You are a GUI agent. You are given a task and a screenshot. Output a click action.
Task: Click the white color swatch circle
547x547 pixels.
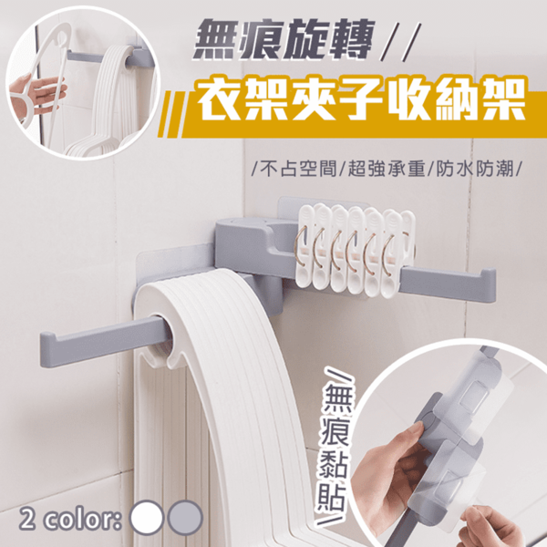pyautogui.click(x=146, y=517)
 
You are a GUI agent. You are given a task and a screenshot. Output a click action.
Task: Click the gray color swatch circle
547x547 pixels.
pyautogui.click(x=185, y=517)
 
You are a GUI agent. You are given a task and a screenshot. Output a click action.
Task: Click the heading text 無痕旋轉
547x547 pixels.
pyautogui.click(x=284, y=39)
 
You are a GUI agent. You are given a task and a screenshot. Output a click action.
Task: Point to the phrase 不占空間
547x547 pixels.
pyautogui.click(x=299, y=170)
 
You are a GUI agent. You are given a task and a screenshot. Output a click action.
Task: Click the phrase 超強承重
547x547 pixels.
pyautogui.click(x=387, y=170)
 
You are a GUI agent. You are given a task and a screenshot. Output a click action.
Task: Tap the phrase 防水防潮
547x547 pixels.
pyautogui.click(x=475, y=170)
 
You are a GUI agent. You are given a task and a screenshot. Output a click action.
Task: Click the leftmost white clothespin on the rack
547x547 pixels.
pyautogui.click(x=307, y=247)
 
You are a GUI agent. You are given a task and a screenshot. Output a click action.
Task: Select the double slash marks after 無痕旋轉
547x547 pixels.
pyautogui.click(x=401, y=39)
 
